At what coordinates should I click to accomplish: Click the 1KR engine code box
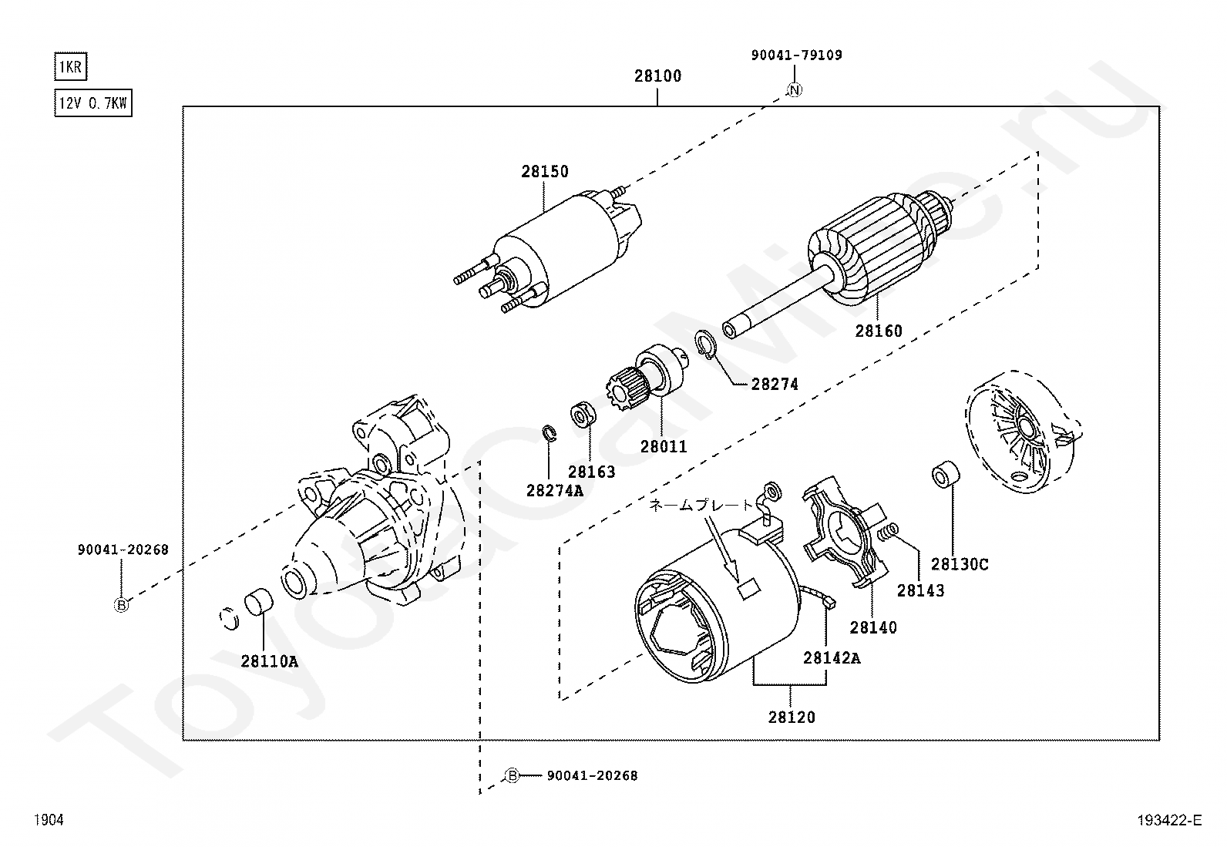[x=71, y=67]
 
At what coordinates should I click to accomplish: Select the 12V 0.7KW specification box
[x=93, y=103]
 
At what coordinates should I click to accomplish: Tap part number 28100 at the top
[x=658, y=76]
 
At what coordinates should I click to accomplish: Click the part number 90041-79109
[x=796, y=55]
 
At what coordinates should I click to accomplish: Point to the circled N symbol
[x=795, y=90]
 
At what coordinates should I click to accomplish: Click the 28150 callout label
[x=544, y=172]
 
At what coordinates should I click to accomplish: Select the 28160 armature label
[x=879, y=331]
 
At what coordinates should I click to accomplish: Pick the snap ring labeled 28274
[x=706, y=345]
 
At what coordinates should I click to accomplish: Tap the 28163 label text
[x=591, y=472]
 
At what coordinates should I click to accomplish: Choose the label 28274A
[x=555, y=490]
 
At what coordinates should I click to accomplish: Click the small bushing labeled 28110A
[x=258, y=602]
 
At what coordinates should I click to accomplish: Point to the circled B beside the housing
[x=121, y=605]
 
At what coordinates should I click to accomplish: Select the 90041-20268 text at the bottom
[x=592, y=775]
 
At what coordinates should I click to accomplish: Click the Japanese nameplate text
[x=701, y=505]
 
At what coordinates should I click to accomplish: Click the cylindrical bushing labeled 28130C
[x=946, y=475]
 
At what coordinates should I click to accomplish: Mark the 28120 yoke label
[x=792, y=718]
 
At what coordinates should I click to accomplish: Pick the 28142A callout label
[x=832, y=657]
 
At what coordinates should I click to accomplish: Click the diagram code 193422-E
[x=1169, y=820]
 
